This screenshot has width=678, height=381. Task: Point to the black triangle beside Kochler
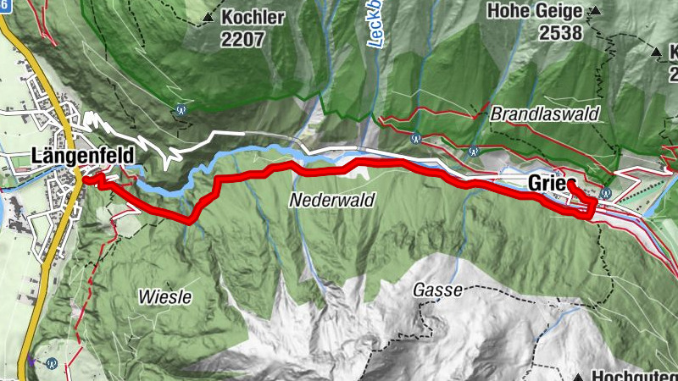click(x=207, y=16)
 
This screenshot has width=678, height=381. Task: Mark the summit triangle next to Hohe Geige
click(x=595, y=11)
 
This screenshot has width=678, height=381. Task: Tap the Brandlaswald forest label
click(x=545, y=113)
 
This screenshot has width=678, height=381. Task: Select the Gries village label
click(x=547, y=183)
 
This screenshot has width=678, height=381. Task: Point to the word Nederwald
click(x=324, y=201)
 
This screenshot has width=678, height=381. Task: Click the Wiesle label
click(x=164, y=297)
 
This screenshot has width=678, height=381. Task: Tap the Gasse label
click(x=437, y=290)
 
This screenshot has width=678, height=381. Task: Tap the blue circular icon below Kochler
click(x=180, y=108)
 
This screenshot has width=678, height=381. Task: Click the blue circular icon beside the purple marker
click(x=53, y=364)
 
